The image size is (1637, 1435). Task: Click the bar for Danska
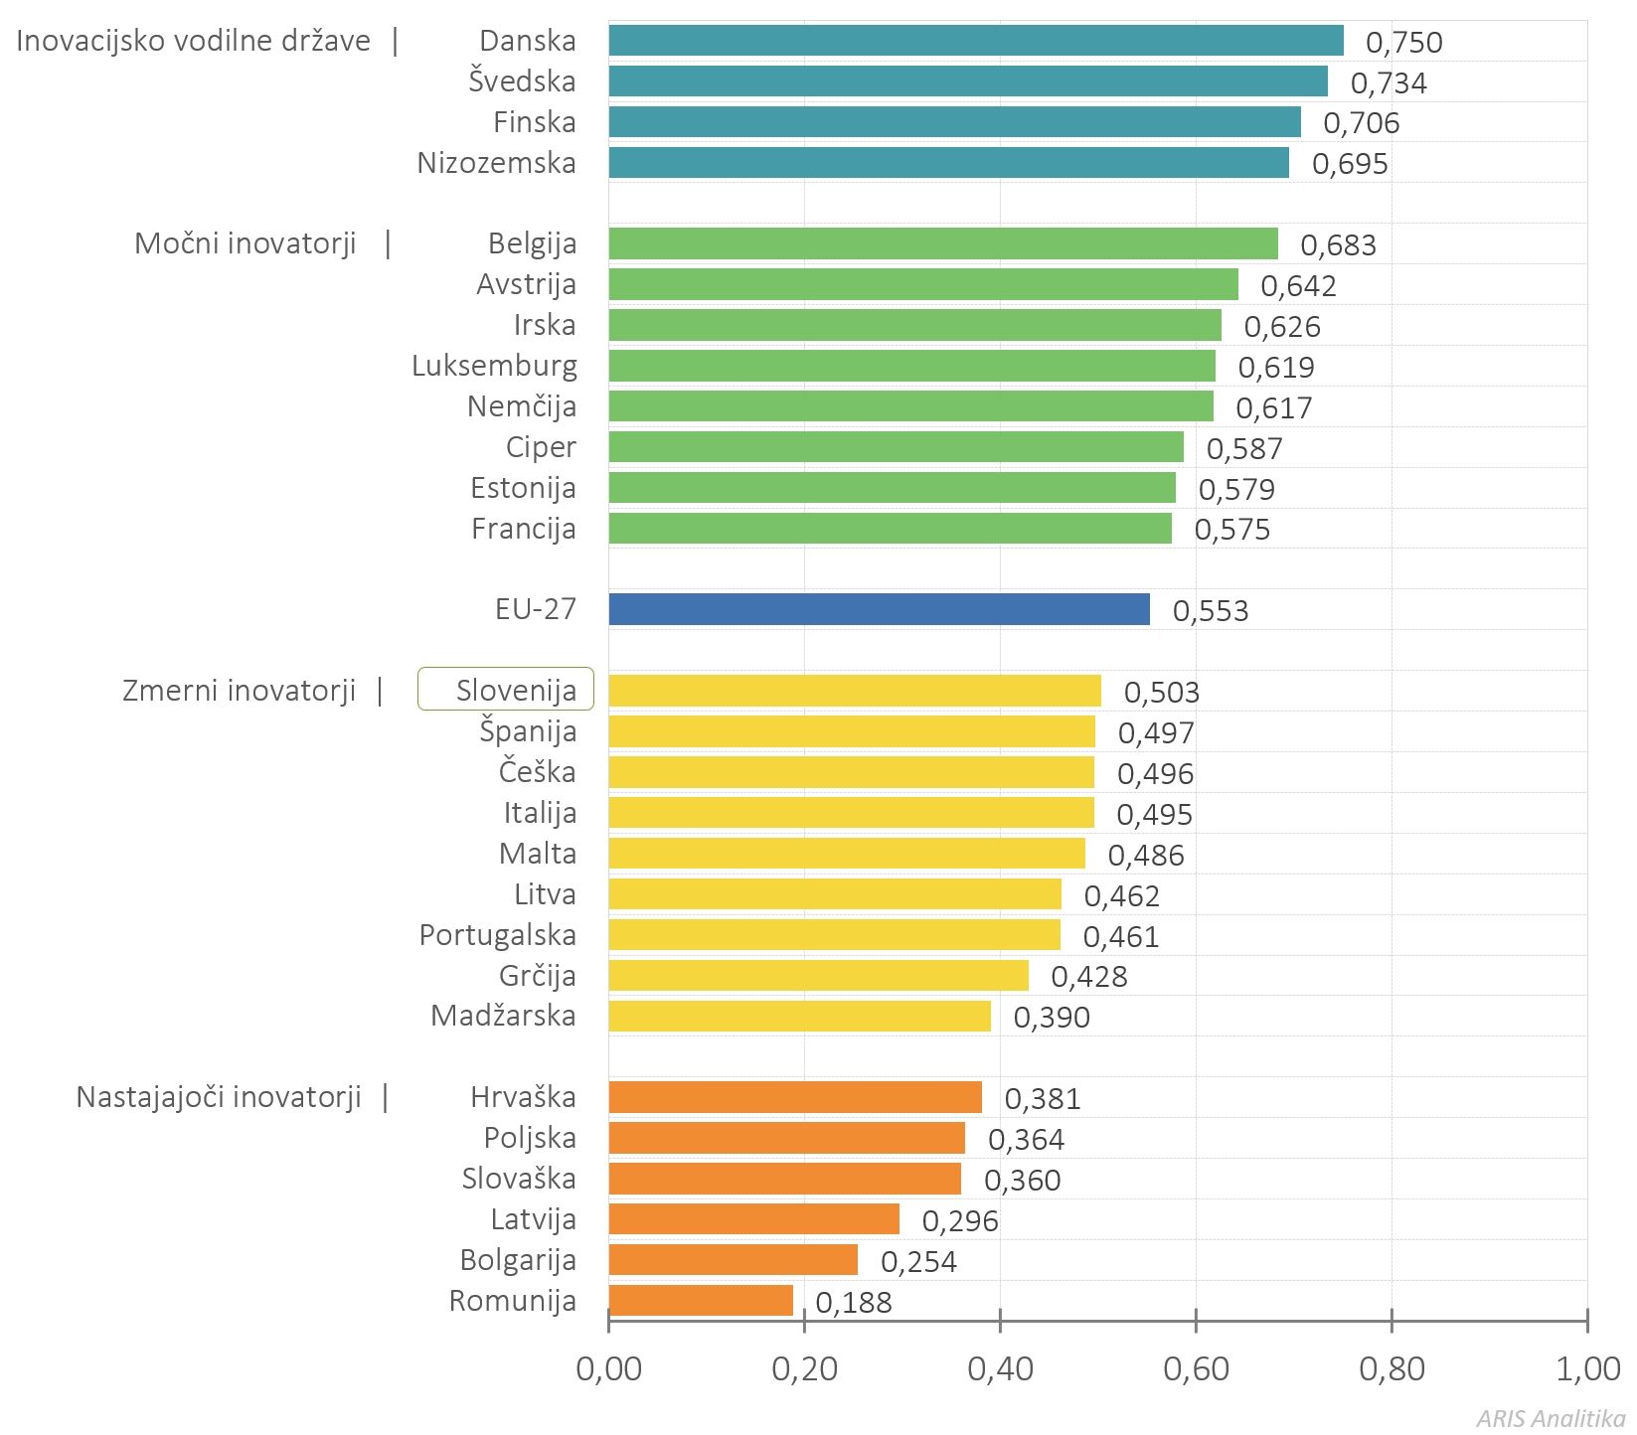(x=976, y=41)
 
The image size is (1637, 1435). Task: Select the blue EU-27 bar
(x=880, y=609)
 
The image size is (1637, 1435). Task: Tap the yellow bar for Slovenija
(x=855, y=691)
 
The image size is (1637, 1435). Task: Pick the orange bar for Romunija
(x=701, y=1300)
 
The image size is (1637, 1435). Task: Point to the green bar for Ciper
(x=897, y=447)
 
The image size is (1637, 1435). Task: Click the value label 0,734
(x=1389, y=83)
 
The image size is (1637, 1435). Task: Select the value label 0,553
(x=1211, y=611)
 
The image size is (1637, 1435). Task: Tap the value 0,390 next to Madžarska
(x=1052, y=1018)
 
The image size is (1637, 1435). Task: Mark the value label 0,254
(x=919, y=1262)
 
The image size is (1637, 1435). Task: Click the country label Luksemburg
(x=494, y=366)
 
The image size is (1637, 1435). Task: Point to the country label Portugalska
(x=498, y=935)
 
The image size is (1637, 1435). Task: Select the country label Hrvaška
(x=524, y=1097)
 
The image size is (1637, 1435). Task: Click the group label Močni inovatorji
(x=246, y=243)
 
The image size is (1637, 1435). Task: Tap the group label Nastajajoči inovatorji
(x=219, y=1097)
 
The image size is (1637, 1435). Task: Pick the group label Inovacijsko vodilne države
(x=194, y=41)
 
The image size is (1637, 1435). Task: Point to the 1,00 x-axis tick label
(x=1588, y=1369)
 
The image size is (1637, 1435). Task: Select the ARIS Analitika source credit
(x=1552, y=1418)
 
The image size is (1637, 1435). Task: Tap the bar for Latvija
(x=754, y=1218)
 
